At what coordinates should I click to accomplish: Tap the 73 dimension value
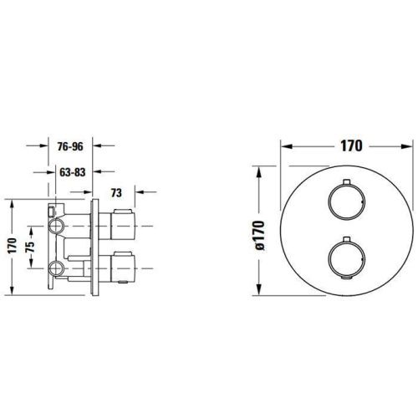117,192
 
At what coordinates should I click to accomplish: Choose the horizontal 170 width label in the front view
349,145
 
